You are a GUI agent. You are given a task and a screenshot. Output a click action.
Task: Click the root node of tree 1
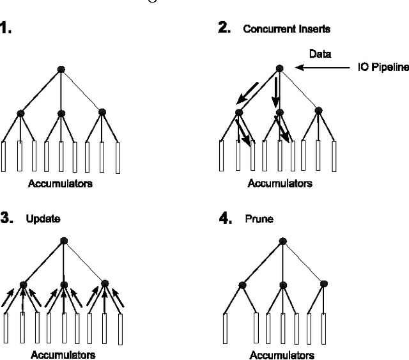click(61, 68)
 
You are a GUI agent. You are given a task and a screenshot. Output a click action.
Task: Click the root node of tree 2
click(279, 68)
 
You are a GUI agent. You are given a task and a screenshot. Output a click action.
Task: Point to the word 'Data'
click(320, 54)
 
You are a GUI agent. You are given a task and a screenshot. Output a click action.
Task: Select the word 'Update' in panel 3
click(43, 218)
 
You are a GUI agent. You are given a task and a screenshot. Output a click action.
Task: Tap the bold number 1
click(6, 29)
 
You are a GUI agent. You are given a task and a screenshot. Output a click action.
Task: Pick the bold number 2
click(224, 29)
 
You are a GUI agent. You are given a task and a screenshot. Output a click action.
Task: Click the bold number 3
click(7, 218)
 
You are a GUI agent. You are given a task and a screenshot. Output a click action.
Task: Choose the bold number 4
click(224, 218)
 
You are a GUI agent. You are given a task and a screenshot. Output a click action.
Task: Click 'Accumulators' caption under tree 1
click(60, 184)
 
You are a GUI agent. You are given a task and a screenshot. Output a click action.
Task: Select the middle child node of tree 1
click(61, 113)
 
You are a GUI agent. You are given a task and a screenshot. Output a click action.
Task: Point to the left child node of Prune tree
click(243, 285)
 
